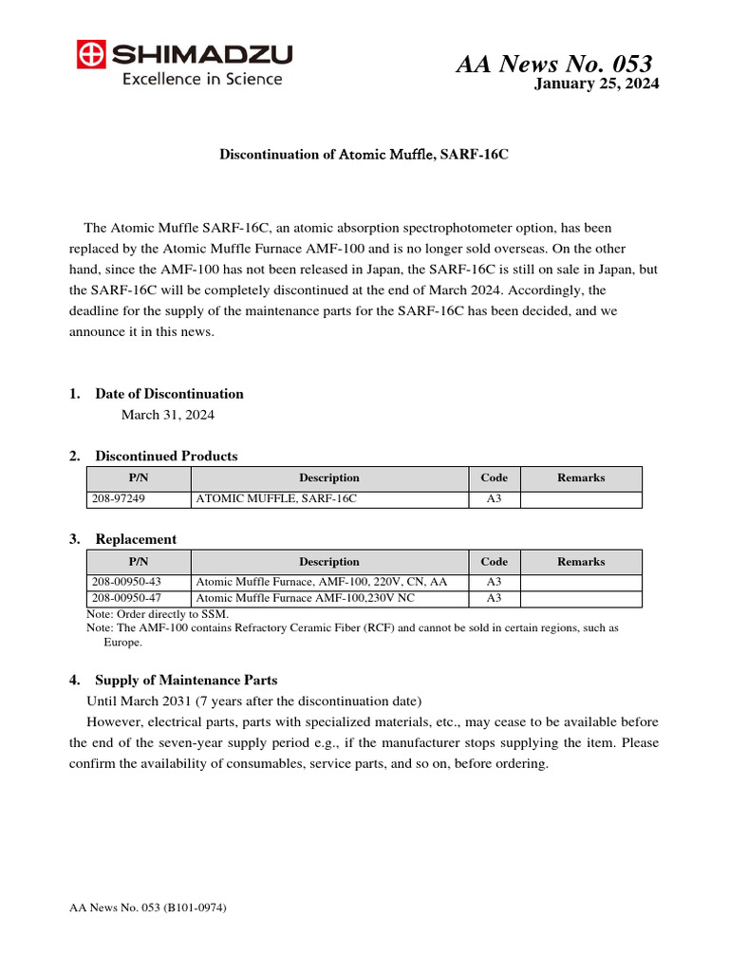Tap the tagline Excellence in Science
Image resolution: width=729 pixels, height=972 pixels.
(201, 79)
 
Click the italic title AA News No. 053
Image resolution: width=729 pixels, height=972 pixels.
(553, 64)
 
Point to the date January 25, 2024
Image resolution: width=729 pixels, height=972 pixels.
(596, 84)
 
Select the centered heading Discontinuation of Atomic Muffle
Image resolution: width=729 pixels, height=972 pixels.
(364, 154)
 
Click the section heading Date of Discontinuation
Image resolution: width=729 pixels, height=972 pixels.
(169, 394)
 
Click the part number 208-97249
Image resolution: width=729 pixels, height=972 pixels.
(119, 498)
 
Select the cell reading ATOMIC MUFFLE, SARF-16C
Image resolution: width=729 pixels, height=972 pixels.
(276, 498)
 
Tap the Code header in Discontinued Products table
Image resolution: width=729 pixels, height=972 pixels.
(494, 477)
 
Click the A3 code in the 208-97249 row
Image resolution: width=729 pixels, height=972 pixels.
(494, 498)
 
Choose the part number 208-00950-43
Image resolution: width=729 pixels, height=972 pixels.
(126, 582)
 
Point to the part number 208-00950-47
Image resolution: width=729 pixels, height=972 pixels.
(126, 598)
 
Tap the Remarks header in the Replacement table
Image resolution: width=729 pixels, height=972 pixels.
(581, 561)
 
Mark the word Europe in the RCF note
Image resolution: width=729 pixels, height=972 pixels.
(122, 642)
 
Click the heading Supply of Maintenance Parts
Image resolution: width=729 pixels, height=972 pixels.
(186, 681)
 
